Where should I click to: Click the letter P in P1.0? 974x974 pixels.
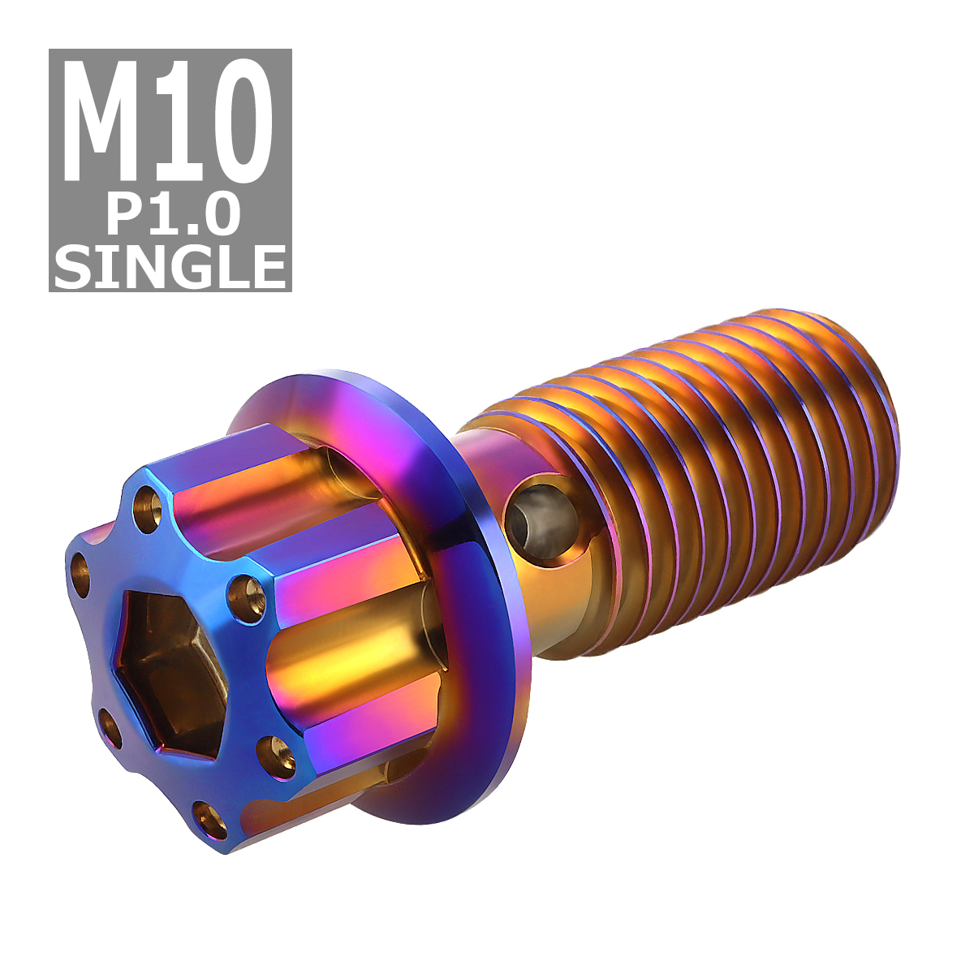click(123, 216)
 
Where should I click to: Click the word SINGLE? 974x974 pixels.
click(171, 265)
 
